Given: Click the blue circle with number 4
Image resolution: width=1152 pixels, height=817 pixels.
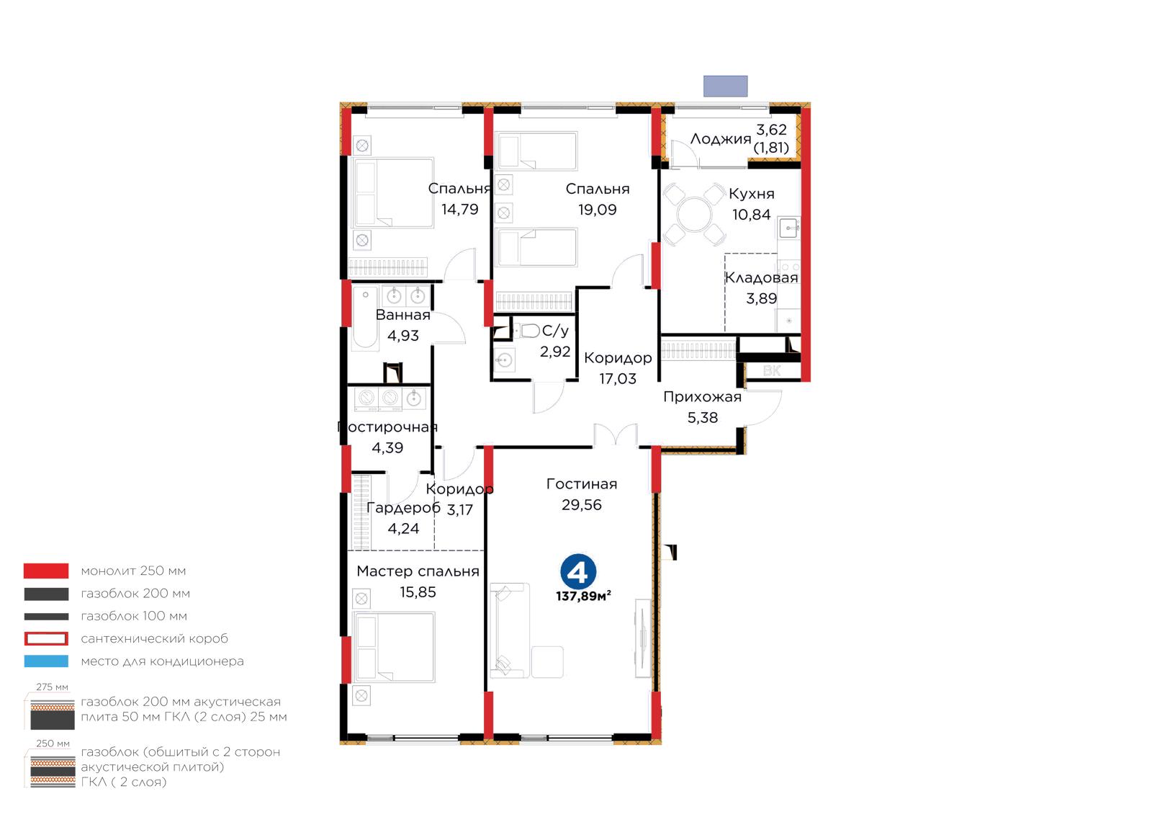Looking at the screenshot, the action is (x=578, y=571).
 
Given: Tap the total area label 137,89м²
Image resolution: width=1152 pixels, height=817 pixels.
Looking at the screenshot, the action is (x=583, y=597).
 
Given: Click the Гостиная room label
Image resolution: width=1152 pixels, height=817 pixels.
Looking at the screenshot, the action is (x=582, y=484).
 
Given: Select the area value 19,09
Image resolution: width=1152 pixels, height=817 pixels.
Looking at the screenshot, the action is (x=597, y=210).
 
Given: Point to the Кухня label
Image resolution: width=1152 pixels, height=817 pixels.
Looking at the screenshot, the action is (x=752, y=194).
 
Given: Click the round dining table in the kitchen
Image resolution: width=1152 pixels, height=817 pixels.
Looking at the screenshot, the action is (x=695, y=215).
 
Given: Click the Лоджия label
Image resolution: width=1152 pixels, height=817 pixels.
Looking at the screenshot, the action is (x=721, y=139).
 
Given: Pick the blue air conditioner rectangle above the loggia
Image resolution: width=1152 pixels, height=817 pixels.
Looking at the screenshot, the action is (x=725, y=86).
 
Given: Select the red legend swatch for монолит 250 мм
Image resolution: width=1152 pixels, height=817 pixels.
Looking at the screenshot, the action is (x=46, y=571).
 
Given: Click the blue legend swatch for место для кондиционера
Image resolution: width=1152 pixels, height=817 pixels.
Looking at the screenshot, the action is (x=46, y=661).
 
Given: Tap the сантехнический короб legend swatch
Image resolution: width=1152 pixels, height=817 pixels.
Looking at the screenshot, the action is (x=46, y=638).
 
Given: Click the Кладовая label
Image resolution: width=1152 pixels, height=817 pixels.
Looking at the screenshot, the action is (x=761, y=278).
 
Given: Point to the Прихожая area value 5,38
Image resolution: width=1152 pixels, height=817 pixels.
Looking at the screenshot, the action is (x=703, y=418).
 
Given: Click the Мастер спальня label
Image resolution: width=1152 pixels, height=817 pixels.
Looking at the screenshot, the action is (x=418, y=571).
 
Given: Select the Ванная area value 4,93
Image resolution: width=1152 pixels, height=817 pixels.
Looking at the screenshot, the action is (x=403, y=336).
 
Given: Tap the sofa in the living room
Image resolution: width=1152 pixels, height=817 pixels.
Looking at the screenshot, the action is (x=509, y=630).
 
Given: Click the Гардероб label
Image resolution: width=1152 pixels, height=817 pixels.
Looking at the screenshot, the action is (x=403, y=509).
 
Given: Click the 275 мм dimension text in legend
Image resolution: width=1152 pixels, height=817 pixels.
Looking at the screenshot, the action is (x=52, y=687).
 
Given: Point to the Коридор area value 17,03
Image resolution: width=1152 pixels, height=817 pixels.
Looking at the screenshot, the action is (x=618, y=379).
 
